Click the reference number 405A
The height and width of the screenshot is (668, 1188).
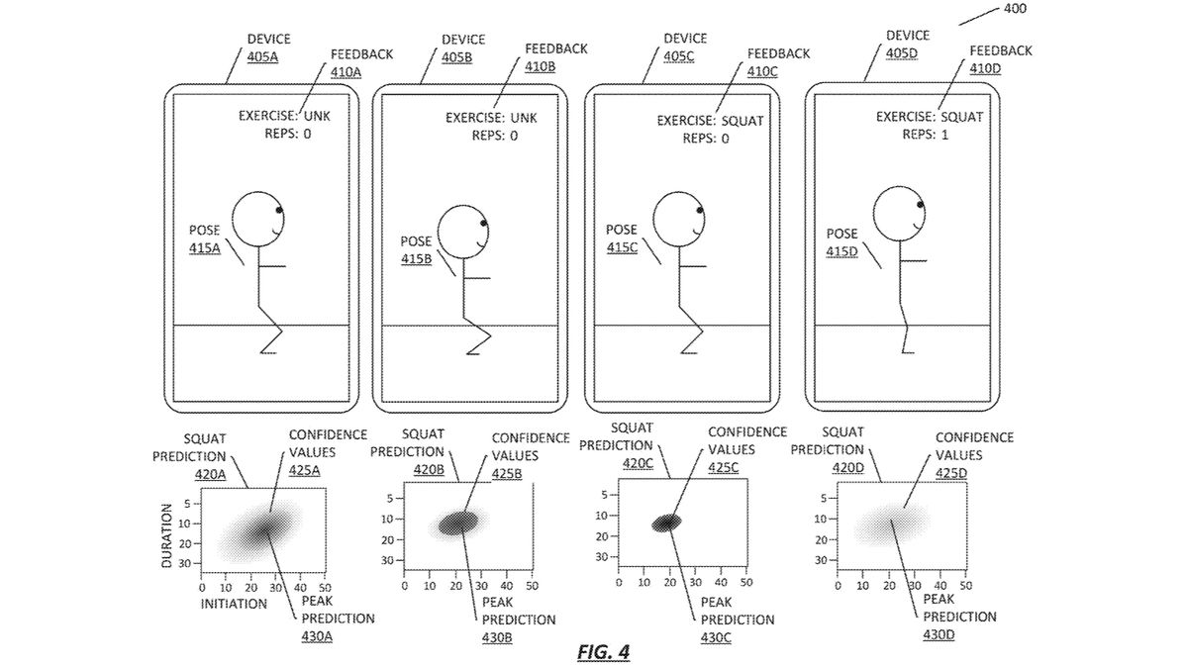coord(262,56)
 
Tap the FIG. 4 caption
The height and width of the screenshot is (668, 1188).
coord(603,651)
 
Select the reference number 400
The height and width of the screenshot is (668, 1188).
coord(1015,9)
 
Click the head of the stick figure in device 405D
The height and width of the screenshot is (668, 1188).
coord(900,214)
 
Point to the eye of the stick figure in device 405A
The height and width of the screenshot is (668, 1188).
coord(279,211)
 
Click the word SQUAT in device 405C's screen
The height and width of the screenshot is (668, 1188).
coord(742,121)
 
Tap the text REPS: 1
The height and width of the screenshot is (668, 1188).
coord(926,135)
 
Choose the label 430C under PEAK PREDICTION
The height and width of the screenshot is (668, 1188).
coord(716,636)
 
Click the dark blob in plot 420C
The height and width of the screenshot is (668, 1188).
coord(666,523)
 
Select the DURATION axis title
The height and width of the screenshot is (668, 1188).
coord(166,535)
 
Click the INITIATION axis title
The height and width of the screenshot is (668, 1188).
coord(234,604)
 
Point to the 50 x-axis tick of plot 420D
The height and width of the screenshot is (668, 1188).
coord(966,586)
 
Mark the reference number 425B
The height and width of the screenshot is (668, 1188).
coord(507,473)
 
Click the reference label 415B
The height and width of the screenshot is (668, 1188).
coord(416,258)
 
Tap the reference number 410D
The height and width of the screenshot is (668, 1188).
coord(985,69)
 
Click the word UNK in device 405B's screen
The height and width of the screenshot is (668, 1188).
coord(524,118)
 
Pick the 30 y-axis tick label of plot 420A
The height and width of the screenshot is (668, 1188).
coord(184,563)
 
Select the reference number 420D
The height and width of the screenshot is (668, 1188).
coord(848,467)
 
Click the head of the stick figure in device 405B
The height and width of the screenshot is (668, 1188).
coord(462,233)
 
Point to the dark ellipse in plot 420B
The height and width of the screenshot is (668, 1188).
coord(458,524)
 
